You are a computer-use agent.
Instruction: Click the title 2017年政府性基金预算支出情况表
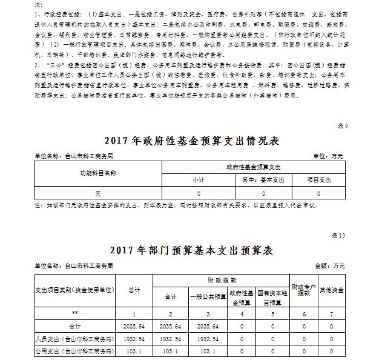[x=192, y=141]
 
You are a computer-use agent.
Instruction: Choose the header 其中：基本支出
[x=262, y=180]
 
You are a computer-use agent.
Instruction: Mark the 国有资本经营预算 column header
[x=272, y=298]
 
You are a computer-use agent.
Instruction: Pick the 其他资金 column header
[x=331, y=290]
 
